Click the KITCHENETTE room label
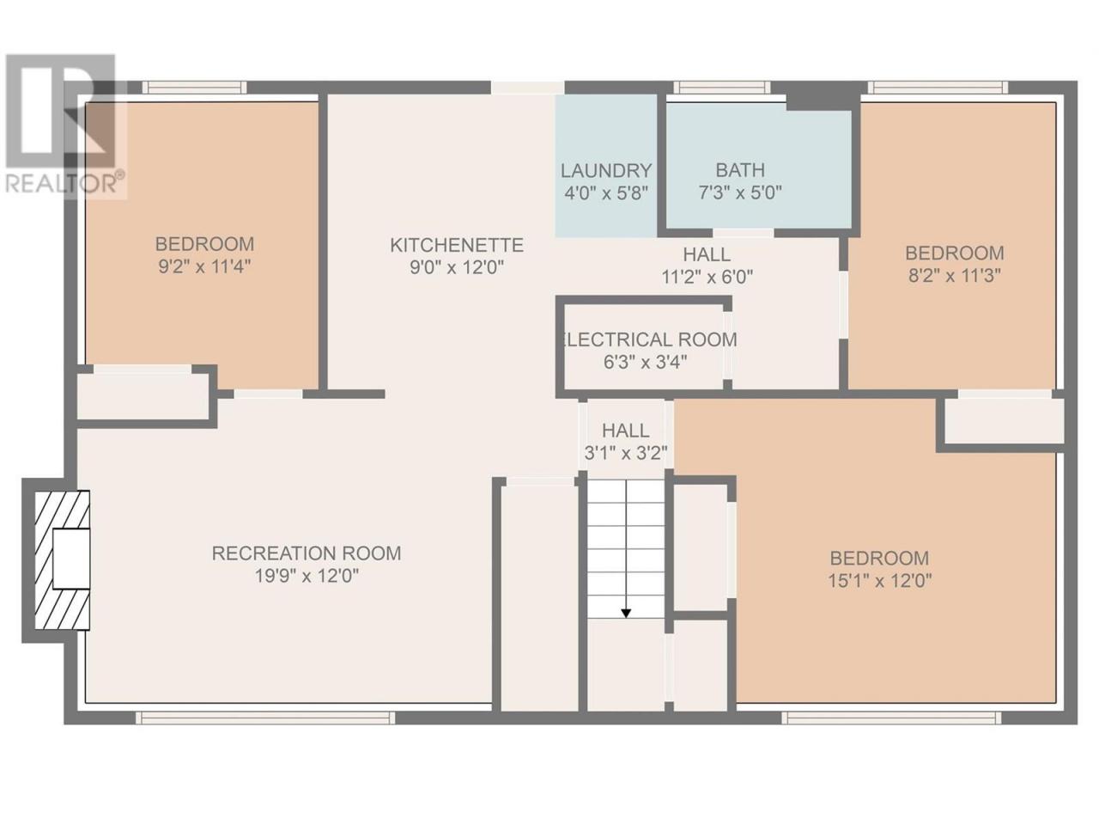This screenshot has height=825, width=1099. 456,246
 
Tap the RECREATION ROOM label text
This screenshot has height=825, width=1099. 307,553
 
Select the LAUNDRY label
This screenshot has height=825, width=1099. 606,171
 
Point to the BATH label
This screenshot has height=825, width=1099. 740,170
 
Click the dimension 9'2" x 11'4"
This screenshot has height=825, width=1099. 204,267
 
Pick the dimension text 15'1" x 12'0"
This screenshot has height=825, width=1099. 880,581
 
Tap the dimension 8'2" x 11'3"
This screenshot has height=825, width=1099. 955,276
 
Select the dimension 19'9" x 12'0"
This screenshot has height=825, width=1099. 307,576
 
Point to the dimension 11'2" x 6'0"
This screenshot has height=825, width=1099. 707,277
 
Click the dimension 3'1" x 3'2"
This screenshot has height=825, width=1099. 626,454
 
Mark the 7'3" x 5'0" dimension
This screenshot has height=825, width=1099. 740,192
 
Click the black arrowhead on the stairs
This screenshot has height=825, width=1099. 626,613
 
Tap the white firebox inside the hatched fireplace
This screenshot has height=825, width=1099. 71,559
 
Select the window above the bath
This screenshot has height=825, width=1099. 721,88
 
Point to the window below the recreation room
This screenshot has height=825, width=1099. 264,718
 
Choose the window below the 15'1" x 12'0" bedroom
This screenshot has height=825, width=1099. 892,718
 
